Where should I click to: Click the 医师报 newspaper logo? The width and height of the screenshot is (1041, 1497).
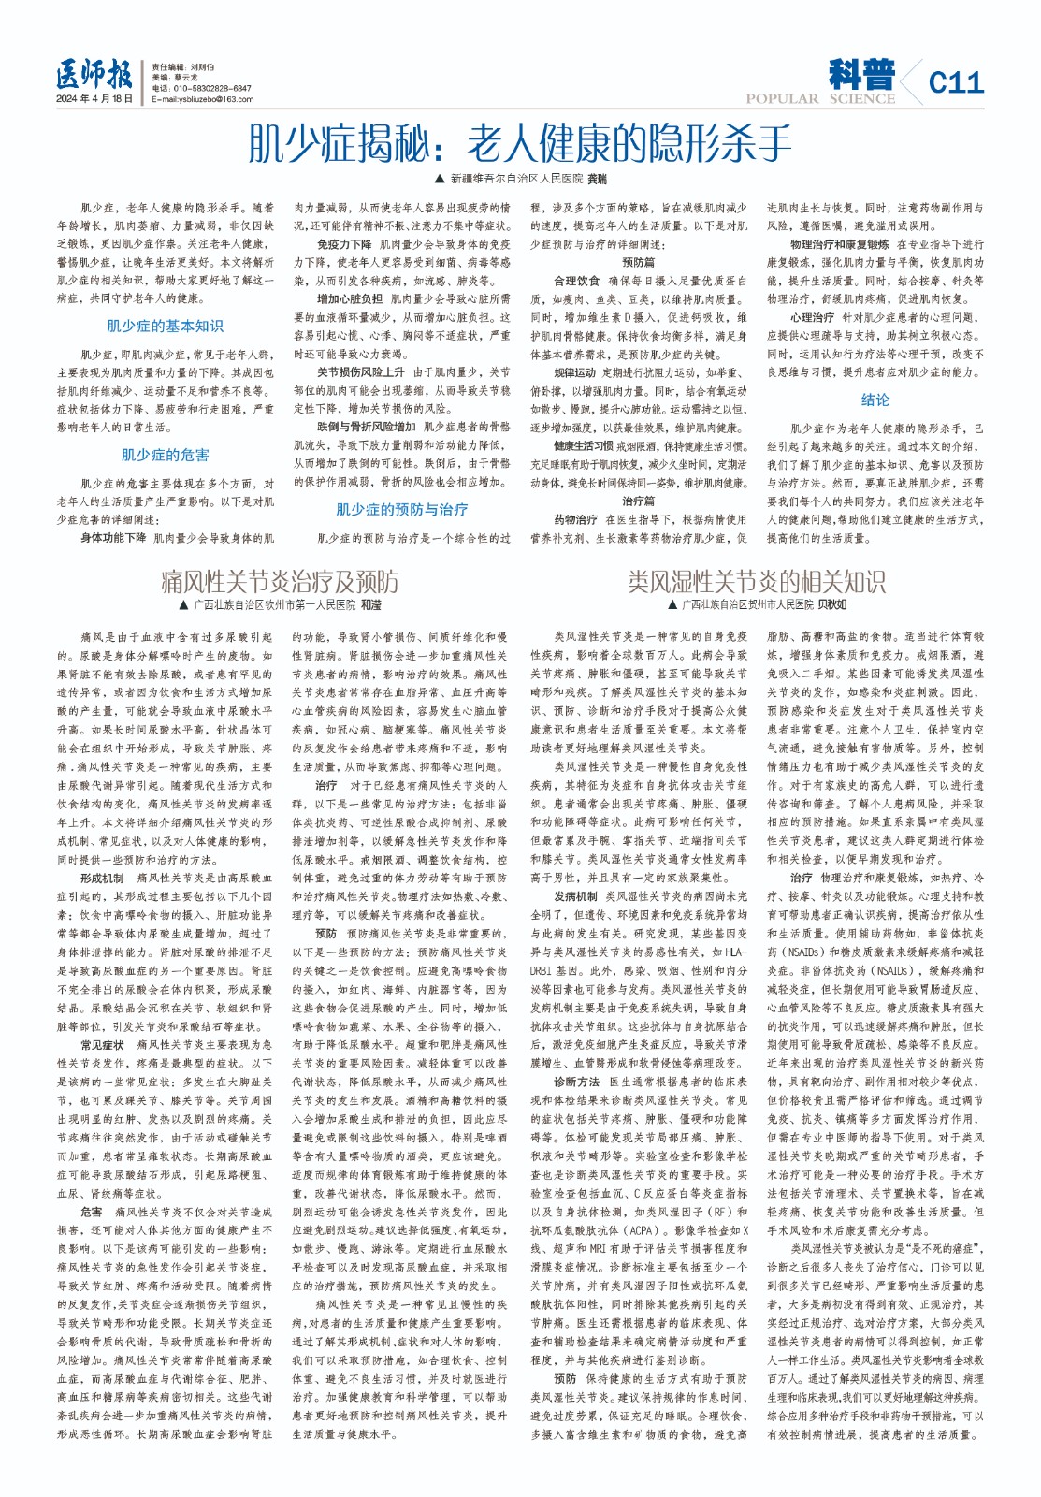[x=94, y=73]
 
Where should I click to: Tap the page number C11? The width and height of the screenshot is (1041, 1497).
[x=956, y=83]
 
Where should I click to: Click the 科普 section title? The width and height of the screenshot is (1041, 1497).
[x=860, y=74]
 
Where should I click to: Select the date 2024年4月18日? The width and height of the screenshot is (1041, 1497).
[x=94, y=98]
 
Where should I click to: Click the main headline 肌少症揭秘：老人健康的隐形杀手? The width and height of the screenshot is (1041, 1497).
[x=519, y=143]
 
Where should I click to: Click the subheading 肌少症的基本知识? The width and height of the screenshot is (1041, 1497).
[x=166, y=326]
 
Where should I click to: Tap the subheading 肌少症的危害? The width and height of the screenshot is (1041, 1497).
[x=166, y=455]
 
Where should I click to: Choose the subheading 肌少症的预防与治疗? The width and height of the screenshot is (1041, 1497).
[x=402, y=509]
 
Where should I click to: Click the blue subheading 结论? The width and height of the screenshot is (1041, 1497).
[x=875, y=400]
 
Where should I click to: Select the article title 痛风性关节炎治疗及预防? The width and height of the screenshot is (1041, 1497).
[x=280, y=581]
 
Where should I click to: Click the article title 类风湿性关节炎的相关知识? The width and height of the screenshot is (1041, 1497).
[x=756, y=581]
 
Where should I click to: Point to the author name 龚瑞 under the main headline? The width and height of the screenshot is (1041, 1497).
[x=597, y=178]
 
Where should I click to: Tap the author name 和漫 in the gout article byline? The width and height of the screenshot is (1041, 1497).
[x=370, y=605]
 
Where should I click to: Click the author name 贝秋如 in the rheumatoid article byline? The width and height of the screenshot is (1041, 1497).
[x=833, y=605]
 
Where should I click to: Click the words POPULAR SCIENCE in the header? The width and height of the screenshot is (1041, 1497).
[x=820, y=98]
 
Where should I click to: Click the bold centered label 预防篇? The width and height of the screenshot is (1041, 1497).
[x=638, y=263]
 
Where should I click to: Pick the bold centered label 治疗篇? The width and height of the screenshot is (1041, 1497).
[x=638, y=501]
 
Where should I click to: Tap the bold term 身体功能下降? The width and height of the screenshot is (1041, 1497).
[x=113, y=538]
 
